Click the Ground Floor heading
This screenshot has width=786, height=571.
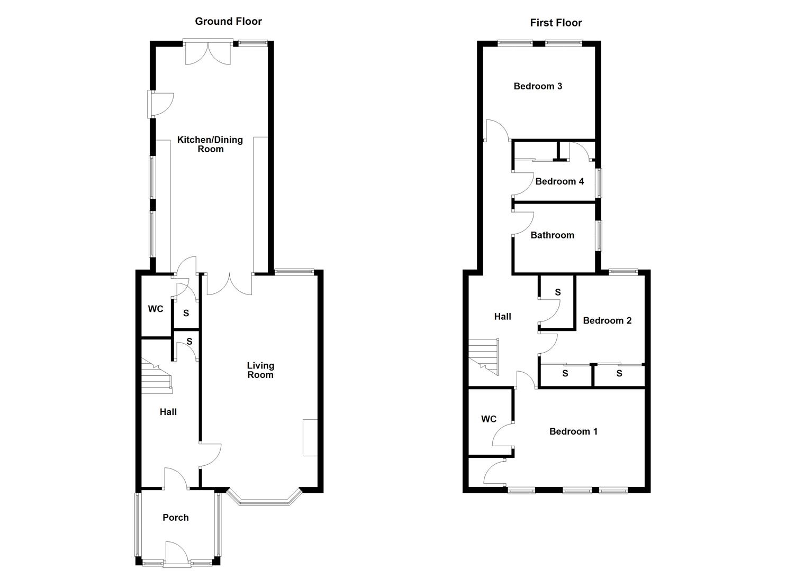pos(229,21)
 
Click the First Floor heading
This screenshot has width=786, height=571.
pos(556,23)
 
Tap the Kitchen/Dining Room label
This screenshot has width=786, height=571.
pos(210,144)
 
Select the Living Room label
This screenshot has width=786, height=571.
pos(260,370)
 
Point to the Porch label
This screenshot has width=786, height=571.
pos(175,518)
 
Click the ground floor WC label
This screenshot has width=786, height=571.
pos(156,309)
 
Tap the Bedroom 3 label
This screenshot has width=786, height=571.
pos(538,86)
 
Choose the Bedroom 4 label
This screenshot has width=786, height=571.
pos(559,181)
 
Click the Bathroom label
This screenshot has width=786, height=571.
pos(552,235)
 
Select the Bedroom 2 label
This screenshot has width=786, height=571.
pos(607,320)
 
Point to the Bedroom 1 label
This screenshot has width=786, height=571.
pos(573,431)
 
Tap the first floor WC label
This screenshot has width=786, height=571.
pos(489,419)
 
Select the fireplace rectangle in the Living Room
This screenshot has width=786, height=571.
pos(310,437)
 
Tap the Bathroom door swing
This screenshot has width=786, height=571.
pos(523,224)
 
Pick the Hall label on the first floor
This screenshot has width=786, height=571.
pos(502,317)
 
